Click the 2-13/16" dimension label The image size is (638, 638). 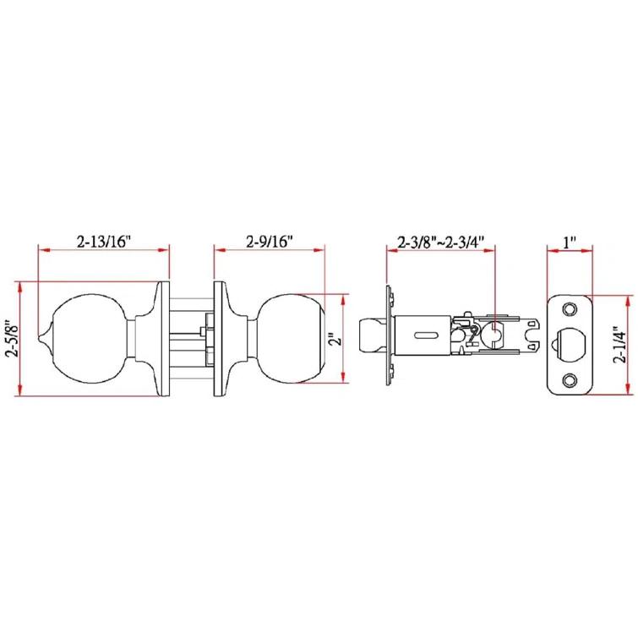(x=103, y=241)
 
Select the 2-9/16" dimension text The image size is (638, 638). (x=270, y=241)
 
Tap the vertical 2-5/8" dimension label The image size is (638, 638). (x=12, y=338)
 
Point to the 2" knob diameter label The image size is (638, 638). (x=336, y=339)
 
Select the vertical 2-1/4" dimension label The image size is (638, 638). (x=623, y=346)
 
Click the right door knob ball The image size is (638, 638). (x=292, y=338)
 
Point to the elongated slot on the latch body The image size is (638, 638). (x=426, y=335)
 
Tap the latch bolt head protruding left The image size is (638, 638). (x=371, y=335)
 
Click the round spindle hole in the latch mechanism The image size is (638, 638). (x=492, y=335)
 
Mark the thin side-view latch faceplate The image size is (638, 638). (x=388, y=335)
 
